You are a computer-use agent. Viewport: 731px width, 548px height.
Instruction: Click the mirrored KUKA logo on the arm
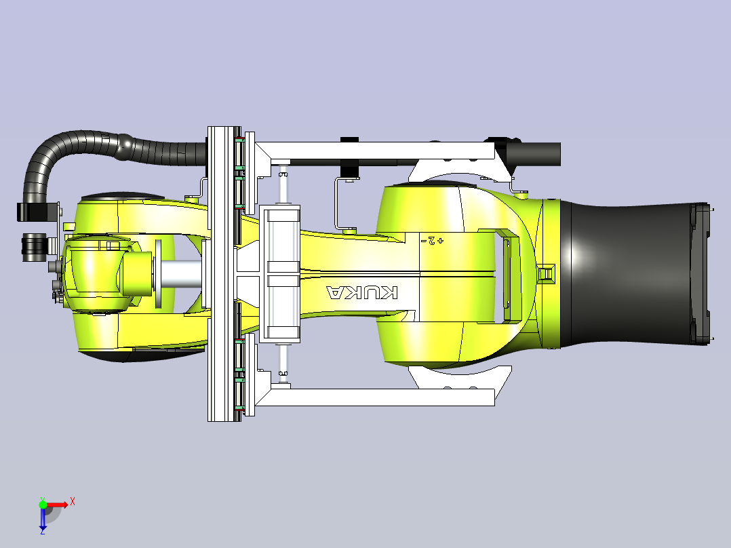362,292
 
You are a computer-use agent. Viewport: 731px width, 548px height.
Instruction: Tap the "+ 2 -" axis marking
432,241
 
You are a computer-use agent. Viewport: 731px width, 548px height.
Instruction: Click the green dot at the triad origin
43,505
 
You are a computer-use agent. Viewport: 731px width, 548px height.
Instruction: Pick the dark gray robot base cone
634,274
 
